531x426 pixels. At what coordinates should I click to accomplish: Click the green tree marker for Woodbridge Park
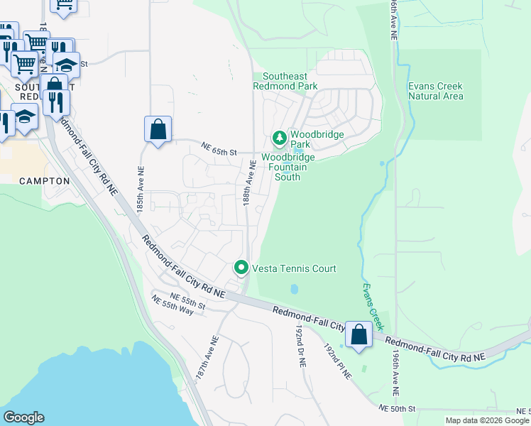pyautogui.click(x=280, y=136)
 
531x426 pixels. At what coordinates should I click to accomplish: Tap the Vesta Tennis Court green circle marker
pyautogui.click(x=241, y=268)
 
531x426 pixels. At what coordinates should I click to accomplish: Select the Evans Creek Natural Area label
pyautogui.click(x=436, y=91)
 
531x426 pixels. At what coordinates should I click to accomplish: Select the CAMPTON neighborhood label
pyautogui.click(x=45, y=181)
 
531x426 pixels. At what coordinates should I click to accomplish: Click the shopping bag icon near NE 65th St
pyautogui.click(x=158, y=130)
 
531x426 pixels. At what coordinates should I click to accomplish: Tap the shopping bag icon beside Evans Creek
pyautogui.click(x=359, y=335)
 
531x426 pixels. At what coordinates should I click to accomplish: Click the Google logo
pyautogui.click(x=23, y=417)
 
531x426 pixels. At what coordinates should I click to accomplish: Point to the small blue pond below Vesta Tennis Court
pyautogui.click(x=294, y=290)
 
